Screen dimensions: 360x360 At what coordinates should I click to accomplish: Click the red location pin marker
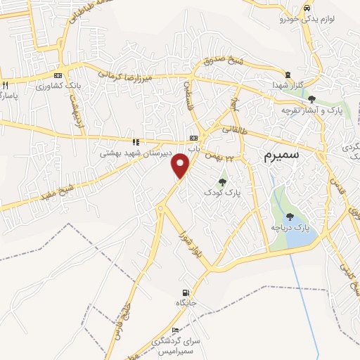click(x=181, y=165)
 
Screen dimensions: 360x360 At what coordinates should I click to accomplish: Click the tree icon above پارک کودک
click(x=222, y=181)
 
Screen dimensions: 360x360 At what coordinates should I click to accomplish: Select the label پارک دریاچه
click(x=290, y=228)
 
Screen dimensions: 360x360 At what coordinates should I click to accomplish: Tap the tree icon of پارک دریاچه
click(x=290, y=217)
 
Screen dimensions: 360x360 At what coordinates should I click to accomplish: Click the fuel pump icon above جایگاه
click(x=185, y=292)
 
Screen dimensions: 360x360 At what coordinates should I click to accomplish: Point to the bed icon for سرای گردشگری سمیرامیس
click(x=175, y=330)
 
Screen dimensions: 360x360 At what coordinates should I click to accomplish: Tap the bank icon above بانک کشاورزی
click(x=58, y=75)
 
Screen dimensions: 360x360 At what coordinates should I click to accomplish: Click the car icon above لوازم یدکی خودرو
click(x=307, y=8)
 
